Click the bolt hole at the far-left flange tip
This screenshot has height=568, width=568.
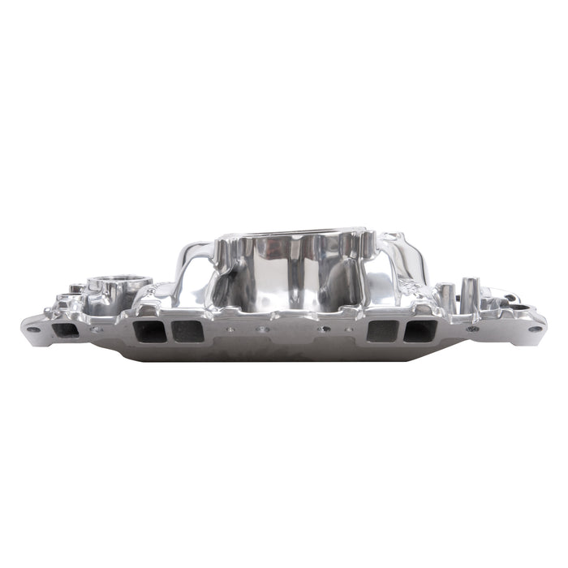click(x=32, y=329)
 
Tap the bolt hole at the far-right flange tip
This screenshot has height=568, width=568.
click(x=533, y=329)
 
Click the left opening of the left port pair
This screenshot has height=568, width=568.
click(x=147, y=330)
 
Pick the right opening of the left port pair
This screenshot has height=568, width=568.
click(x=187, y=330)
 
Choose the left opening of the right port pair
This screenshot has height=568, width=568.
click(x=381, y=330)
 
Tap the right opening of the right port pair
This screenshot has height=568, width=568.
click(x=420, y=330)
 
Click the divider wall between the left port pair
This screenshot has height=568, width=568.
click(x=167, y=330)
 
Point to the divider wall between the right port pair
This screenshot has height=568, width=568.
click(x=401, y=330)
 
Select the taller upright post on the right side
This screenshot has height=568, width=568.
click(x=470, y=290)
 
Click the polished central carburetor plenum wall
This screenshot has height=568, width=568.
click(x=292, y=272)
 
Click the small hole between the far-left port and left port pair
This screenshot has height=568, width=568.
click(x=97, y=329)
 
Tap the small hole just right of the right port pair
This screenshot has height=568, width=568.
click(x=471, y=329)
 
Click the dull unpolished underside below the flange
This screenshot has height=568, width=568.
click(x=284, y=351)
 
